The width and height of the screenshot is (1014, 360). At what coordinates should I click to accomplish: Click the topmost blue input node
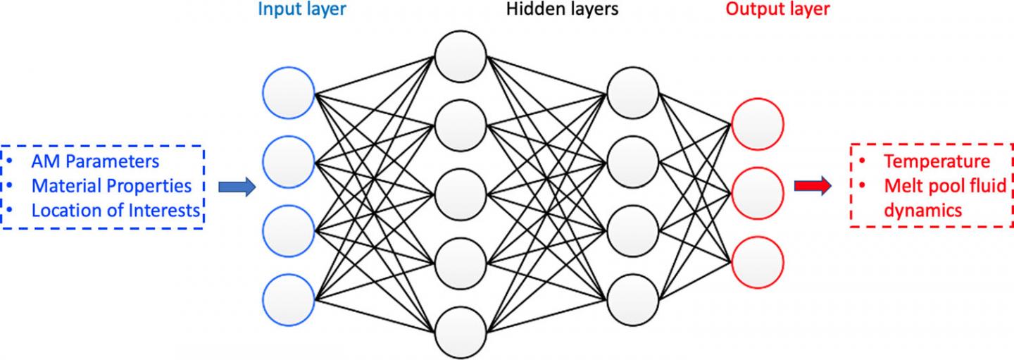(x=289, y=93)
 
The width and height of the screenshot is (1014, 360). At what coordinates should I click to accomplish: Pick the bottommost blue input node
(x=289, y=298)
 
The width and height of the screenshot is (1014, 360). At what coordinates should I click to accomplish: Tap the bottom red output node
(x=757, y=261)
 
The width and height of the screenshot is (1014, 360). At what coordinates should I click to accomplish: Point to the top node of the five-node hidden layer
(x=461, y=56)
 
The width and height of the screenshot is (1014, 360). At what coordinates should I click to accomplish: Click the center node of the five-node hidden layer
(x=461, y=194)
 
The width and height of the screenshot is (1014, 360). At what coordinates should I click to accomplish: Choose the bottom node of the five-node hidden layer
(x=461, y=332)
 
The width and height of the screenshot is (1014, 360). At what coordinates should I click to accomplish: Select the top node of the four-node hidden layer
(x=632, y=92)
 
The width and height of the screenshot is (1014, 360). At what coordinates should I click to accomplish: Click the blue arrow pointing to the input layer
(x=236, y=187)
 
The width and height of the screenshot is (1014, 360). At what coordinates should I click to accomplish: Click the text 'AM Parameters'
(x=95, y=161)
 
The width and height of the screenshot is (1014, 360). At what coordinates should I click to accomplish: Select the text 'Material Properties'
(x=111, y=186)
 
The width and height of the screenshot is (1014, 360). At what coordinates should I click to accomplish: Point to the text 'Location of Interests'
(x=116, y=211)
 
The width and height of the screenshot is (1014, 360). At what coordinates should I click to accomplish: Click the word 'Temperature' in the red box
(x=937, y=161)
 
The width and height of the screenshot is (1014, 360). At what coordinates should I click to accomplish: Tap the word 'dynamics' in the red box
(x=922, y=211)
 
